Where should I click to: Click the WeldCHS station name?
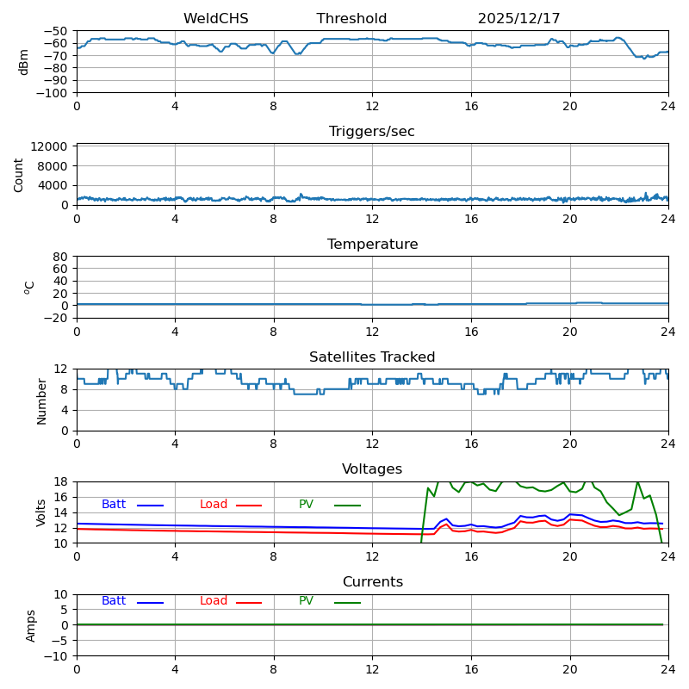click(215, 19)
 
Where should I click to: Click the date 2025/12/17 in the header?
click(518, 19)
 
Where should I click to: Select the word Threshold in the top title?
click(351, 19)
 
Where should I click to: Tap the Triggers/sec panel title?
click(372, 132)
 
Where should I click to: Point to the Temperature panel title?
click(372, 245)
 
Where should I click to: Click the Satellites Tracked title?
click(372, 357)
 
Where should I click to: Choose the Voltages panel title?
click(372, 469)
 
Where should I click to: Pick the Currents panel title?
click(372, 582)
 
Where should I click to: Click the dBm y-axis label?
click(24, 62)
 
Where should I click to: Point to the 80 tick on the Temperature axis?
click(61, 257)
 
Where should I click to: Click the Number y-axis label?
click(41, 400)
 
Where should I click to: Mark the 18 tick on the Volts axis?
click(61, 481)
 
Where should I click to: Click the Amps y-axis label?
click(31, 625)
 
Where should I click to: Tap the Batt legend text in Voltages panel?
click(114, 505)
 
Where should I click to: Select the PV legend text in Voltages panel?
click(306, 505)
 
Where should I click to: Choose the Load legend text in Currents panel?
click(214, 601)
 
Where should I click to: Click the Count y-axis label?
click(19, 175)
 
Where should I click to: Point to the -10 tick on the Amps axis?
click(57, 656)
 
